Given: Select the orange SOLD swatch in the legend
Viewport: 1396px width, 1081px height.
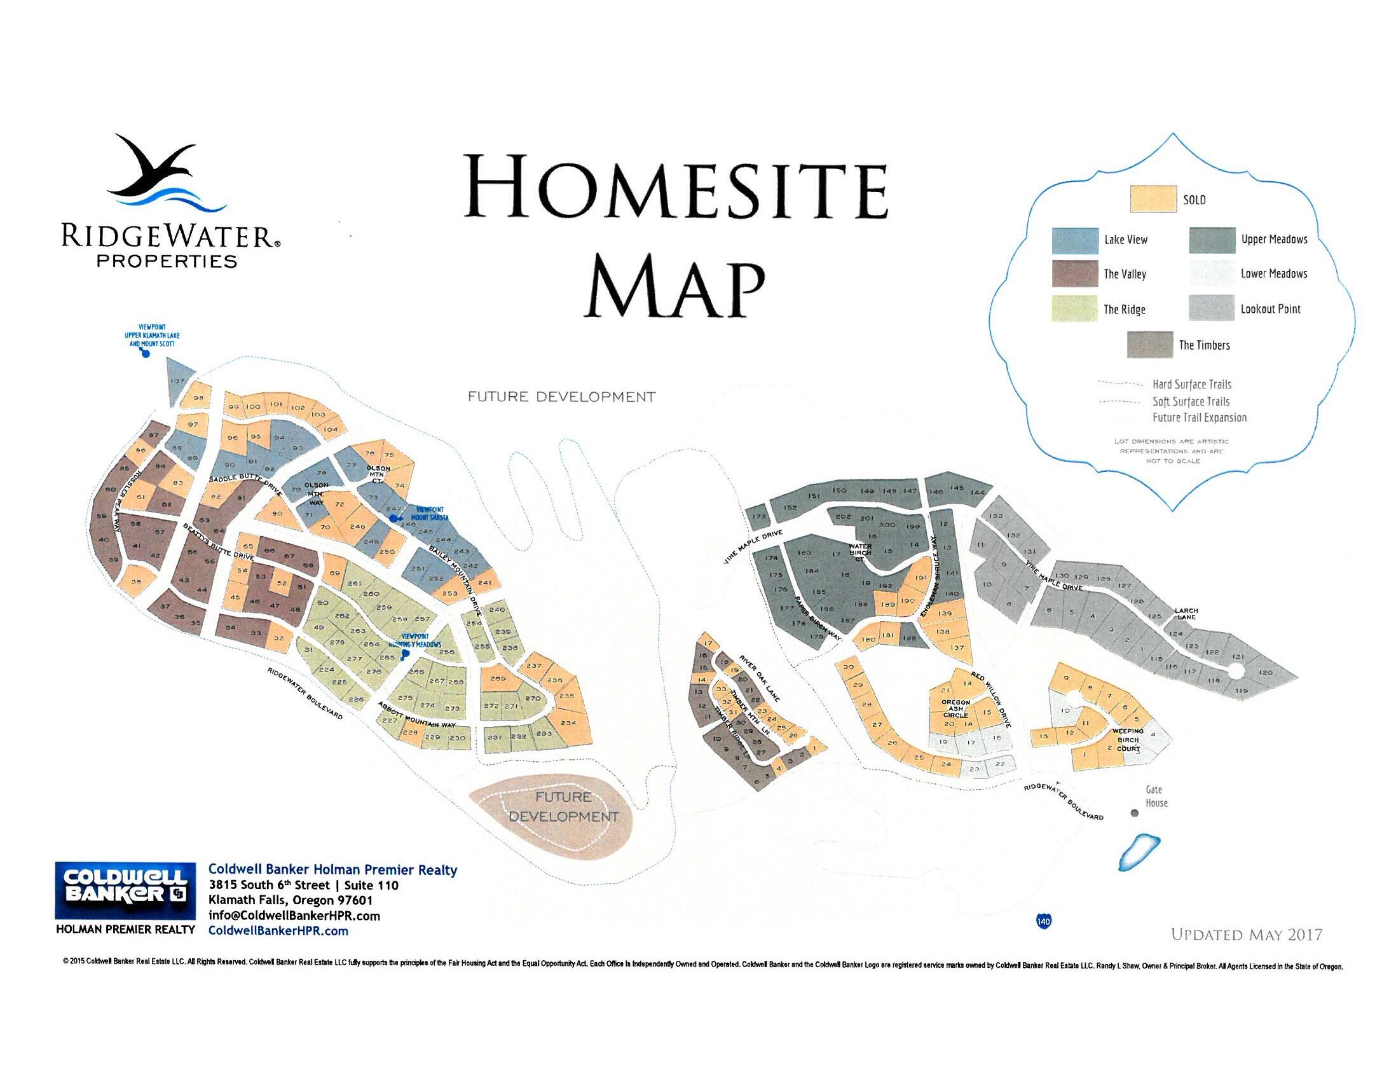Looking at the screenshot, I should pyautogui.click(x=1153, y=198).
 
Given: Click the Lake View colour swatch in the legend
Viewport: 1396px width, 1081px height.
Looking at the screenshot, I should pyautogui.click(x=1075, y=240).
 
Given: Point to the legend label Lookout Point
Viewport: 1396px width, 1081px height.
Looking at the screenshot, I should pyautogui.click(x=1270, y=309).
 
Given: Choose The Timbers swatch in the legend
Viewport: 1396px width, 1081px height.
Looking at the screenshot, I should pyautogui.click(x=1149, y=345).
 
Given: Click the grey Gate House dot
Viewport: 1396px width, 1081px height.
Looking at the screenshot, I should pyautogui.click(x=1135, y=813).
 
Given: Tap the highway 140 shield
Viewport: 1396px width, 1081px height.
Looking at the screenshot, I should pyautogui.click(x=1043, y=921).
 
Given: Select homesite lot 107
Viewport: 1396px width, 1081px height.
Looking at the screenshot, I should pyautogui.click(x=178, y=382).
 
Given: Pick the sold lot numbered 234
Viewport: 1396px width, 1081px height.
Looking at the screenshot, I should pyautogui.click(x=568, y=722).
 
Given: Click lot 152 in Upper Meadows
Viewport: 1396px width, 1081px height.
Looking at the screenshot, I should pyautogui.click(x=790, y=507).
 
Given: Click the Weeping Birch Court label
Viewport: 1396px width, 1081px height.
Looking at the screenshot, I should pyautogui.click(x=1128, y=739).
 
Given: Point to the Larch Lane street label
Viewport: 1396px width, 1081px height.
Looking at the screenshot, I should pyautogui.click(x=1186, y=614).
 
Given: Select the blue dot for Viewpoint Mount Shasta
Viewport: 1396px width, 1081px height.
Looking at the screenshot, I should pyautogui.click(x=392, y=518).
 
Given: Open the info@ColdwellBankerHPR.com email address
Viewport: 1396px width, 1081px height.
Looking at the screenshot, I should pyautogui.click(x=294, y=916).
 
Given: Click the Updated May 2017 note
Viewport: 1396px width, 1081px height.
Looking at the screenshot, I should pyautogui.click(x=1246, y=935).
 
